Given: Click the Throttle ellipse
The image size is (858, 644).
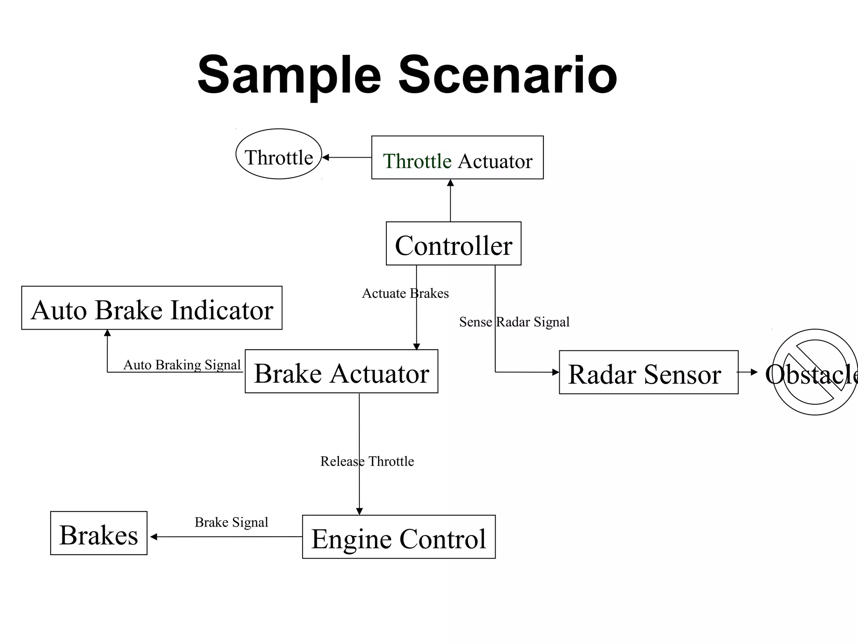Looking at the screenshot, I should pos(279,154).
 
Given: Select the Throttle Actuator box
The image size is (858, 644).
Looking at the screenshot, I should pos(457,158).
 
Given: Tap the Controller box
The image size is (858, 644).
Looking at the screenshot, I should pos(453,244).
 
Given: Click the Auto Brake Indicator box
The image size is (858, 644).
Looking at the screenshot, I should pos(152,308).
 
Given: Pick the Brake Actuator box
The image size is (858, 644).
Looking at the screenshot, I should pos(341,371).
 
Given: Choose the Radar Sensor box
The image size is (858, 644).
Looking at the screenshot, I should pos(648,372).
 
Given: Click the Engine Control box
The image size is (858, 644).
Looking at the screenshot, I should pos(398,537).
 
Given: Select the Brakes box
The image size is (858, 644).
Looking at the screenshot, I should pos(99,533).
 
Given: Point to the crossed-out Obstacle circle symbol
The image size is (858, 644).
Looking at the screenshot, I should pos(814,372).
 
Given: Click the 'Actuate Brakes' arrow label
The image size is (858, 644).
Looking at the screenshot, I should pos(405,293).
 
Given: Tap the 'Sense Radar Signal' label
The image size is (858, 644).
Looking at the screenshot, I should pos(514,322).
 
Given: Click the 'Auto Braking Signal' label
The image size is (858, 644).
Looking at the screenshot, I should pos(182,365).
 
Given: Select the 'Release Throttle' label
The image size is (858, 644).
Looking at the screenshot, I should pos(367,461).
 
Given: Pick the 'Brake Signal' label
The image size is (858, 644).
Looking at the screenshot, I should pos(231,522).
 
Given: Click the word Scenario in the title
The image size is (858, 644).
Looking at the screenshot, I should pos(507,75).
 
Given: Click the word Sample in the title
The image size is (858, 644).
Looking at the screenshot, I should pos(289,75).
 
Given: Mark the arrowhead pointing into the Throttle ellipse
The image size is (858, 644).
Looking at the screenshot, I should pos(326,158).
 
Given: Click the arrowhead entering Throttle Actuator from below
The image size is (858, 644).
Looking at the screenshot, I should pos(450,183).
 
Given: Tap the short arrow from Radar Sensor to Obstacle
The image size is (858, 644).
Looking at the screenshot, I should pos(748,372).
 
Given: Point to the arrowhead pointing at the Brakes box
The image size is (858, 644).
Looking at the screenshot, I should pos(154,537).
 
